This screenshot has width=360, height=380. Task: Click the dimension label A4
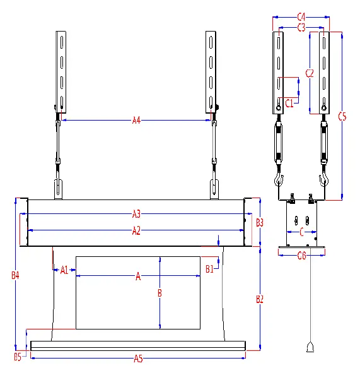point(136,120)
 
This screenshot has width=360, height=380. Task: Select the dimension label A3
point(136,213)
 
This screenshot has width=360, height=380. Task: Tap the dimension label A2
point(136,231)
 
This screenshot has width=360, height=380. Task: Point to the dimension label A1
point(64,270)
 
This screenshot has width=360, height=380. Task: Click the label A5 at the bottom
point(138,359)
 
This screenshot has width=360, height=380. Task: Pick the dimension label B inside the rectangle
point(160,293)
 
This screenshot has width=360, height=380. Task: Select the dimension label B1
point(211,269)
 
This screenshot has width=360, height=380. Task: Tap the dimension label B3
point(260,222)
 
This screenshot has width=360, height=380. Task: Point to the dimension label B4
point(15,275)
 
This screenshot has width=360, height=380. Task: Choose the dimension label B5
point(18,358)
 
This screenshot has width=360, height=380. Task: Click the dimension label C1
point(289,103)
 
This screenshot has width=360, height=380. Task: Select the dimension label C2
point(309,73)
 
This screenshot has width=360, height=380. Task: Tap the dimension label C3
point(301,27)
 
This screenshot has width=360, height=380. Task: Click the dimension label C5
point(342,116)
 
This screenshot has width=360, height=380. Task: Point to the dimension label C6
point(301,255)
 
